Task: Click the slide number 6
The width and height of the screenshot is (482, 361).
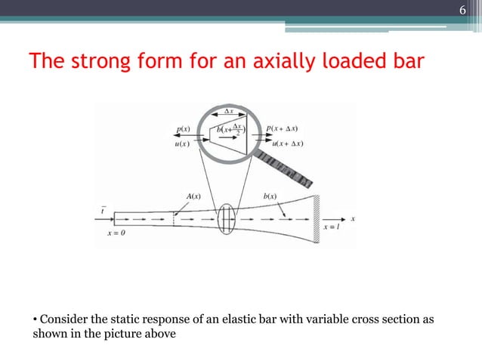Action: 464,10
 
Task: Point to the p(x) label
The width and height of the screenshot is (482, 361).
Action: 183,129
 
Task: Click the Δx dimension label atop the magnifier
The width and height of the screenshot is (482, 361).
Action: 227,111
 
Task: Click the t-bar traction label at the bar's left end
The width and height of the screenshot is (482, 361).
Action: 104,211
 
